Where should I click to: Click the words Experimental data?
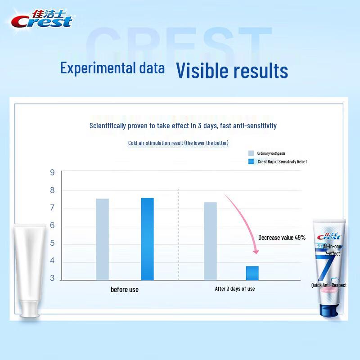[x=112, y=68]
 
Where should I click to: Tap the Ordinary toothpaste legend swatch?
[x=251, y=153]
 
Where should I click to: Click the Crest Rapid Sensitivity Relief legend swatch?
[x=251, y=162]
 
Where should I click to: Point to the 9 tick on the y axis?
[x=52, y=172]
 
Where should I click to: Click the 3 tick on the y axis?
[x=52, y=279]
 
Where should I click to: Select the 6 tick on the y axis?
[x=52, y=225]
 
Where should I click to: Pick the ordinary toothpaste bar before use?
[x=102, y=239]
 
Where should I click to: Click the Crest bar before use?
[x=147, y=239]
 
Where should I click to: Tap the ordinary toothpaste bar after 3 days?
[x=210, y=241]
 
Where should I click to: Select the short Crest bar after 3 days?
[x=252, y=273]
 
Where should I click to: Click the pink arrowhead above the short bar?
[x=256, y=251]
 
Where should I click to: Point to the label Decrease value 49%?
[x=282, y=238]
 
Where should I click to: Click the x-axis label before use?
[x=125, y=289]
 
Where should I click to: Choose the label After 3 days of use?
[x=235, y=288]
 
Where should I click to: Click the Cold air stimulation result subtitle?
[x=178, y=143]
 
